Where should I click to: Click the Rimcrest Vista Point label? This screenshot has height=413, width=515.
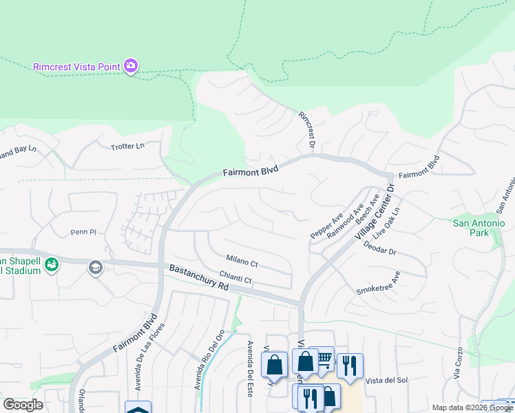click(76, 67)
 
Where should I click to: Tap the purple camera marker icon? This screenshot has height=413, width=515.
click(131, 66)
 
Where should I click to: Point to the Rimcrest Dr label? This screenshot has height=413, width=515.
click(306, 130)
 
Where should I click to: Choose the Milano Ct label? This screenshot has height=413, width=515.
click(242, 262)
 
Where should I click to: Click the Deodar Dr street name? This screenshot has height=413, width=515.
click(380, 248)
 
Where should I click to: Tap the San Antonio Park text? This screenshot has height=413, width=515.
click(479, 228)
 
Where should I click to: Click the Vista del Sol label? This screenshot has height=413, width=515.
click(387, 381)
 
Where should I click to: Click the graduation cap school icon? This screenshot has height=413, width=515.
click(96, 268)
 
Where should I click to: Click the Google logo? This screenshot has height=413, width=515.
click(23, 405)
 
